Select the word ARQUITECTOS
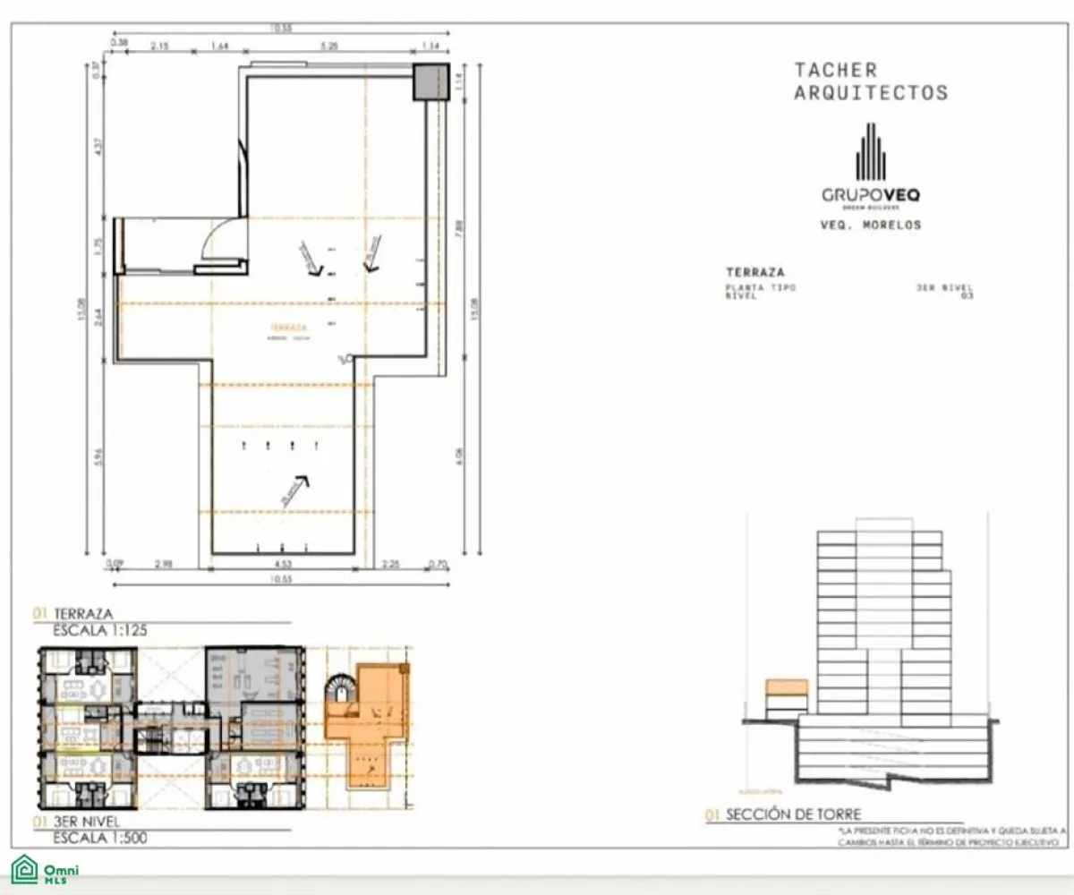pyautogui.click(x=870, y=92)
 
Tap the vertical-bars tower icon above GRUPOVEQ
pyautogui.click(x=870, y=152)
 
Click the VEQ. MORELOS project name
pyautogui.click(x=870, y=226)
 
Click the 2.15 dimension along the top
pyautogui.click(x=160, y=44)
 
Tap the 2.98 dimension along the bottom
pyautogui.click(x=163, y=564)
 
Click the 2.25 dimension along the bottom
pyautogui.click(x=391, y=564)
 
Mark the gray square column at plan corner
pyautogui.click(x=429, y=82)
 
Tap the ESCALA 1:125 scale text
pyautogui.click(x=100, y=630)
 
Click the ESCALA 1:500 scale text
pyautogui.click(x=100, y=839)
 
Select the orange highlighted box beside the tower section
pyautogui.click(x=787, y=687)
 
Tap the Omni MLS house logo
pyautogui.click(x=24, y=870)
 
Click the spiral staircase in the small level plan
pyautogui.click(x=340, y=691)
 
